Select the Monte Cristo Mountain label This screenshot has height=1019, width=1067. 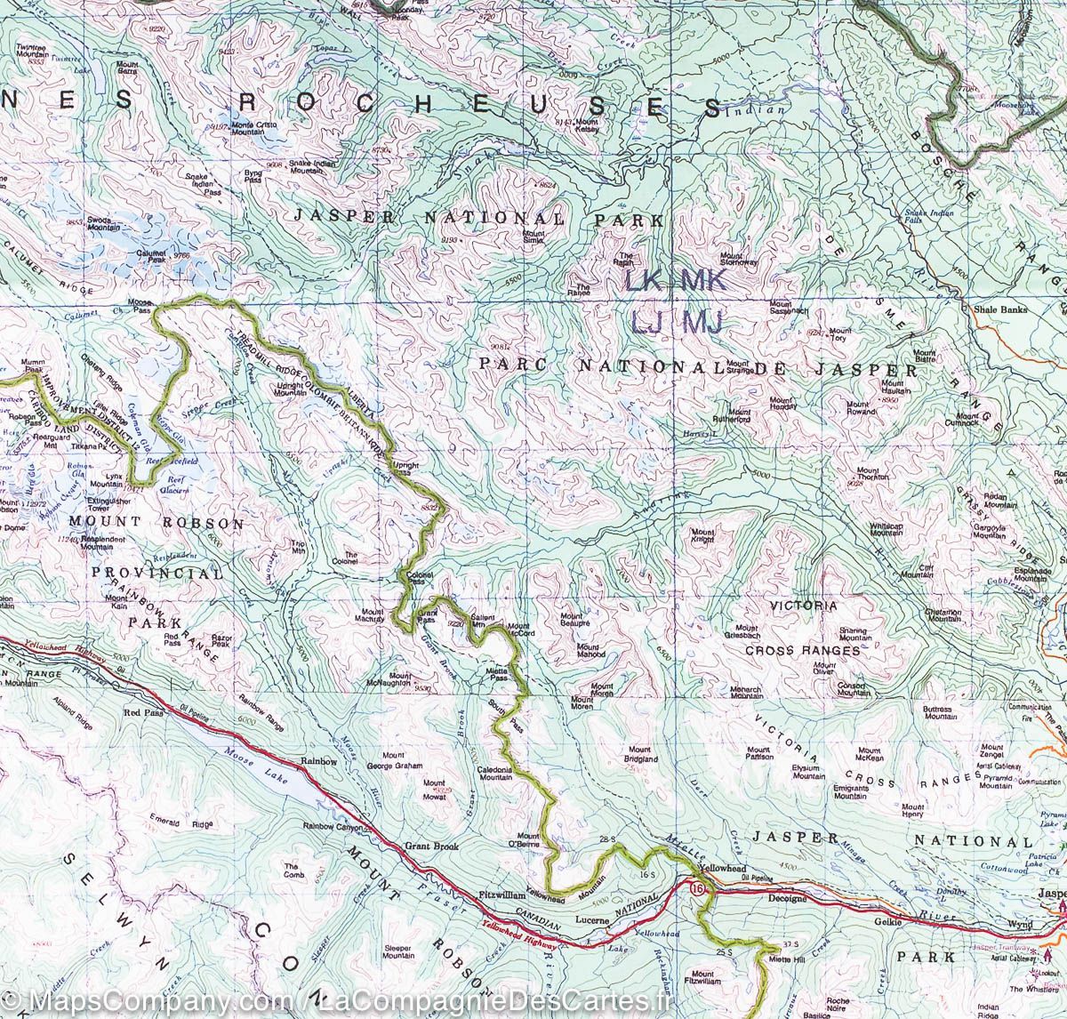253,128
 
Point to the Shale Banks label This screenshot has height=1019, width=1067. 1000,309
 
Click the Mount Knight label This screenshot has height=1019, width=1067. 702,535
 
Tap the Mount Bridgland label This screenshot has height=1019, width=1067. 640,756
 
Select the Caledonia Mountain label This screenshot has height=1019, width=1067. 495,773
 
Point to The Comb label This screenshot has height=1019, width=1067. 293,870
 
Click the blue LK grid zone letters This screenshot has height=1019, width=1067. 642,282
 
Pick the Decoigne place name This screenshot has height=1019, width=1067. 786,898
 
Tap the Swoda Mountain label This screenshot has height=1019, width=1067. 103,223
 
